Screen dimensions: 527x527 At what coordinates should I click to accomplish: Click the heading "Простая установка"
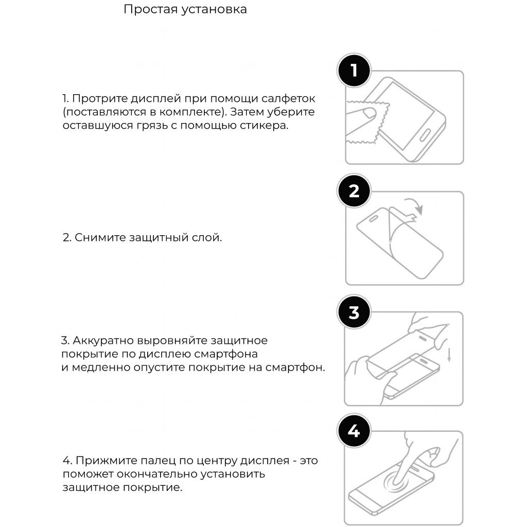click(x=185, y=10)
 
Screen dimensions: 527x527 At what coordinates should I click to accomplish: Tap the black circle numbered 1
click(x=354, y=71)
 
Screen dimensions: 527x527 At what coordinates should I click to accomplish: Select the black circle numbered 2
click(x=354, y=191)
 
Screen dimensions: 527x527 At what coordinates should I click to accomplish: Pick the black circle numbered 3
click(x=354, y=312)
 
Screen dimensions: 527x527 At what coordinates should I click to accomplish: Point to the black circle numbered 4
click(x=354, y=431)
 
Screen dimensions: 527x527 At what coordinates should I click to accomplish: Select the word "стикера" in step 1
click(x=266, y=126)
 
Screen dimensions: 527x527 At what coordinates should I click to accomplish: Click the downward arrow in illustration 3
click(x=449, y=354)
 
